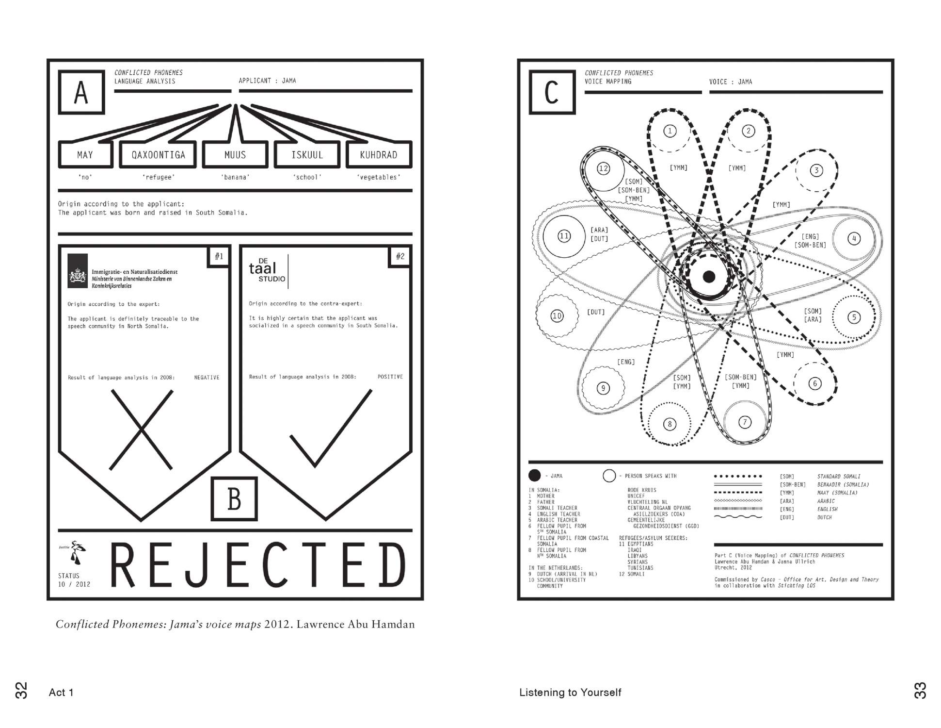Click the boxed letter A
81,92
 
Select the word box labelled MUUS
235,155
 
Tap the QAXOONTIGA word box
158,155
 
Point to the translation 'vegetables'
379,177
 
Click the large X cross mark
141,430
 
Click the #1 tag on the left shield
219,256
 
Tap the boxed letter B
234,499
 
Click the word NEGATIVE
207,378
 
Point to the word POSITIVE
390,377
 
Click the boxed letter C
552,92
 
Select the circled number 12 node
603,169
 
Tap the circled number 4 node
854,239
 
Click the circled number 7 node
745,422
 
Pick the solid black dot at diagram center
709,277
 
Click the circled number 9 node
603,388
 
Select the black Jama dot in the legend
534,476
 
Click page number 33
920,691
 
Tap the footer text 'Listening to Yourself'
570,693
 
